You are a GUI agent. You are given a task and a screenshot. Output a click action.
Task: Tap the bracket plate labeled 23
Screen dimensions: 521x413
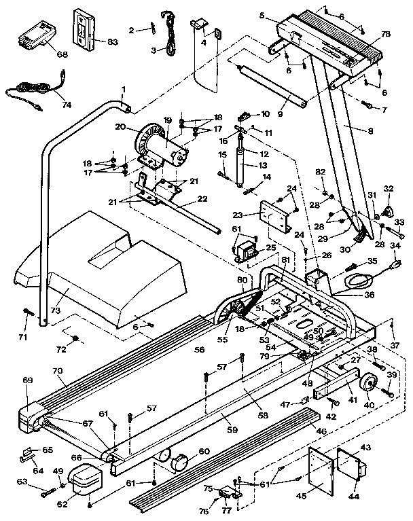[276, 218]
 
